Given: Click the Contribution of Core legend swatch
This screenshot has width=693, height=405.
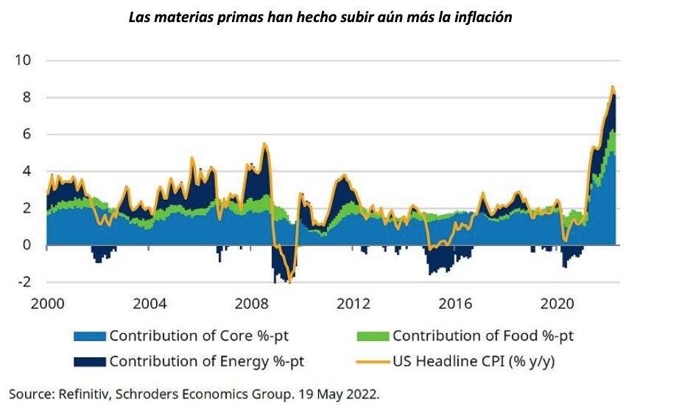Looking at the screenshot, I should pyautogui.click(x=89, y=337).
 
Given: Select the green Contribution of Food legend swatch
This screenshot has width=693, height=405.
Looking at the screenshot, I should pyautogui.click(x=372, y=337).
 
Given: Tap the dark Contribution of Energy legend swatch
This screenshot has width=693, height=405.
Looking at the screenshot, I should pyautogui.click(x=89, y=362).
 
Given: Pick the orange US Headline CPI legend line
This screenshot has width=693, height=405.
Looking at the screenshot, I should pyautogui.click(x=372, y=362).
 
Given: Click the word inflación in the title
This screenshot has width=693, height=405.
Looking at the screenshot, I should pyautogui.click(x=480, y=16).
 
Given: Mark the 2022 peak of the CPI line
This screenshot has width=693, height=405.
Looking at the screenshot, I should pyautogui.click(x=612, y=87).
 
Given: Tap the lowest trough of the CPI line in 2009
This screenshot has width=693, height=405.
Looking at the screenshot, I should pyautogui.click(x=289, y=281).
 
